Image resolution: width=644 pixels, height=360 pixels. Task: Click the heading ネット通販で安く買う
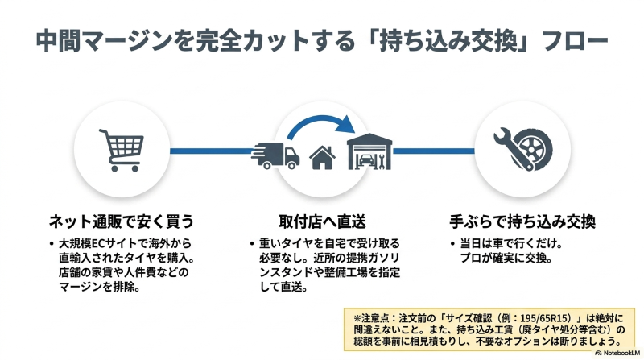point(122,221)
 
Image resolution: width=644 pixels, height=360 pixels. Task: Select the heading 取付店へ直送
point(321,221)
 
